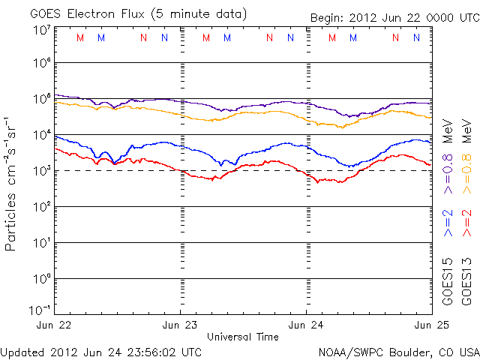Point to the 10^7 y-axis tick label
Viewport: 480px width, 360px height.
point(42,31)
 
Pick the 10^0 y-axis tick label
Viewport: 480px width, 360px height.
point(42,280)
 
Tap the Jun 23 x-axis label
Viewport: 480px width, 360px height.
point(181,325)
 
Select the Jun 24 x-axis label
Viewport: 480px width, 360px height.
point(307,325)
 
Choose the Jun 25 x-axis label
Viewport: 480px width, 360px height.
point(431,325)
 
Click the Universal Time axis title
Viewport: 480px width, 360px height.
point(243,337)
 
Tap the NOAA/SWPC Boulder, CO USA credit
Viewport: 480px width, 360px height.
point(398,351)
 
